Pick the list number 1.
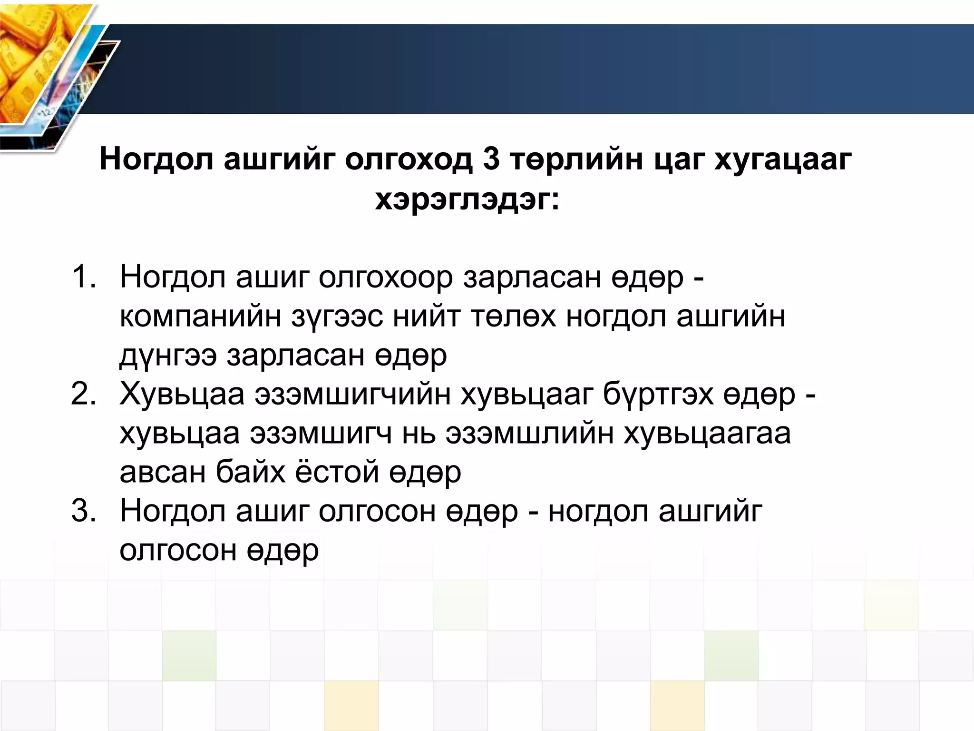point(84,277)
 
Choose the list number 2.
point(84,394)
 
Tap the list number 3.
point(84,511)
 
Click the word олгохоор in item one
point(386,277)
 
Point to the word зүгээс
point(337,316)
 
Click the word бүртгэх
point(658,395)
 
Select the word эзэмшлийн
point(529,434)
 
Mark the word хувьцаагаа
point(707,434)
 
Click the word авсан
point(162,473)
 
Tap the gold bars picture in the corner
point(33,62)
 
